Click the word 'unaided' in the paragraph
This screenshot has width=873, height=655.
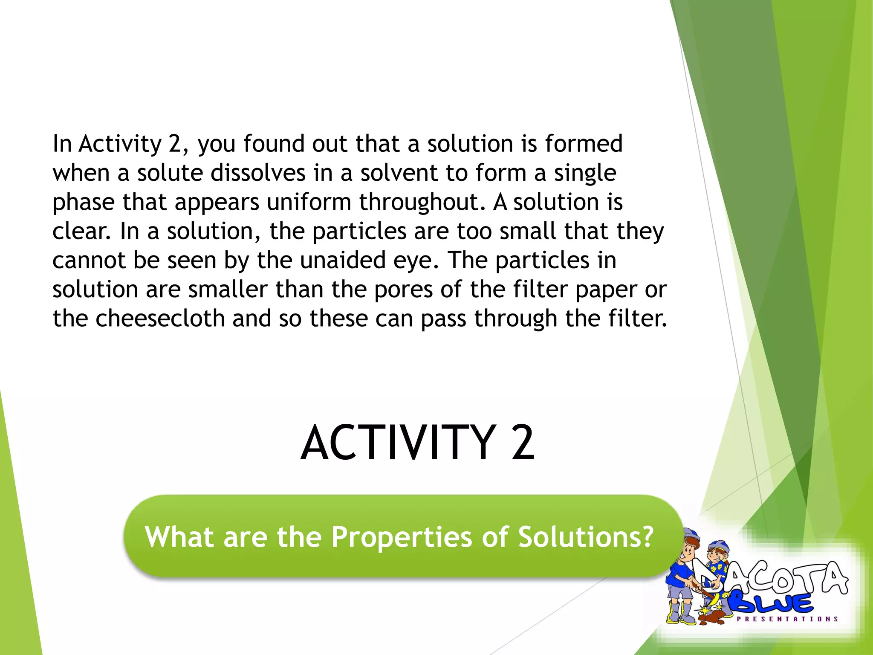pyautogui.click(x=343, y=260)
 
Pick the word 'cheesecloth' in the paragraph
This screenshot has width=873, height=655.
pyautogui.click(x=160, y=319)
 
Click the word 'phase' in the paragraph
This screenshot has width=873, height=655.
pyautogui.click(x=84, y=202)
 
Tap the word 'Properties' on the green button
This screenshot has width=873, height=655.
pyautogui.click(x=402, y=536)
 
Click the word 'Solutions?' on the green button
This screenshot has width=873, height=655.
pyautogui.click(x=586, y=536)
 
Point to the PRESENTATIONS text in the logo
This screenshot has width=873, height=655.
pyautogui.click(x=787, y=619)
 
